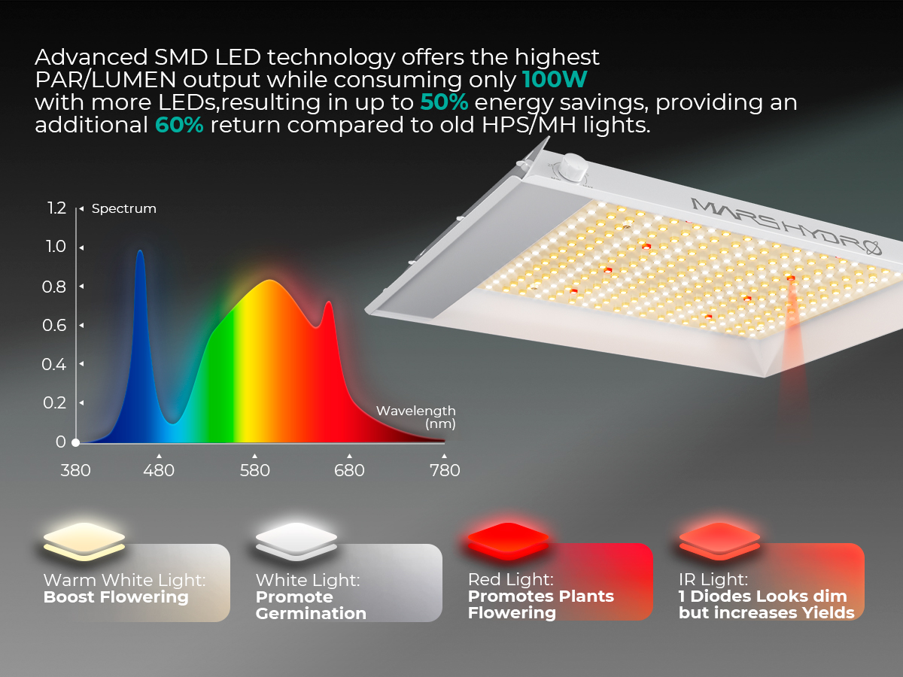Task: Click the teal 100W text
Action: tap(554, 79)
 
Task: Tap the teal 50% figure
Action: tap(444, 102)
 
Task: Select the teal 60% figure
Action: tap(179, 125)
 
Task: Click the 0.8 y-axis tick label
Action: tap(54, 287)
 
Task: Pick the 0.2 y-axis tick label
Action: tap(54, 403)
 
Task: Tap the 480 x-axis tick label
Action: tap(159, 470)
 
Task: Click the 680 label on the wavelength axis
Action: tap(349, 470)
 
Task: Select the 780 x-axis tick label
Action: tap(445, 470)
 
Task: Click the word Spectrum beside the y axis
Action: tap(124, 209)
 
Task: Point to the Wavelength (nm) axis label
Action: tap(416, 417)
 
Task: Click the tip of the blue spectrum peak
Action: tap(140, 250)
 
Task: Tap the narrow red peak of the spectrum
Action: tap(329, 302)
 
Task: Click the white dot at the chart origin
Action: tap(76, 442)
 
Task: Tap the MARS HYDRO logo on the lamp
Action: tap(786, 227)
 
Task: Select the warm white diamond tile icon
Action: tap(84, 542)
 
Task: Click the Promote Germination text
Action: tap(311, 605)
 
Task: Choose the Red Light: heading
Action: tap(510, 579)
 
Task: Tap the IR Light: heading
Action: tap(713, 579)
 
